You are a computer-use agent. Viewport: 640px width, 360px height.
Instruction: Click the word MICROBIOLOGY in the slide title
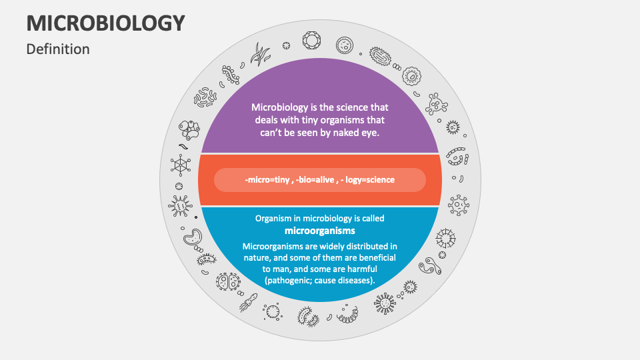105,23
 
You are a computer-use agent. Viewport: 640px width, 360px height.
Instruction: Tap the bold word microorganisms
319,231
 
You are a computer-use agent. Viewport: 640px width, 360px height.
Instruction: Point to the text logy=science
369,180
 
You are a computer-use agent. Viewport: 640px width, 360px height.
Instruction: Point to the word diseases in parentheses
353,280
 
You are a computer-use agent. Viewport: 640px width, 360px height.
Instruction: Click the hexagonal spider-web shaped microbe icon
180,164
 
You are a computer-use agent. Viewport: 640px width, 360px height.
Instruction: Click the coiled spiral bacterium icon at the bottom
348,311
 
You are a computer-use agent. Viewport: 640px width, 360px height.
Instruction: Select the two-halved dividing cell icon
227,282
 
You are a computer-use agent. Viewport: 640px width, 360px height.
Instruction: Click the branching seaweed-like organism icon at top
260,53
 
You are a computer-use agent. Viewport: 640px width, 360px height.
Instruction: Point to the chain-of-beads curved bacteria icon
457,156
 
